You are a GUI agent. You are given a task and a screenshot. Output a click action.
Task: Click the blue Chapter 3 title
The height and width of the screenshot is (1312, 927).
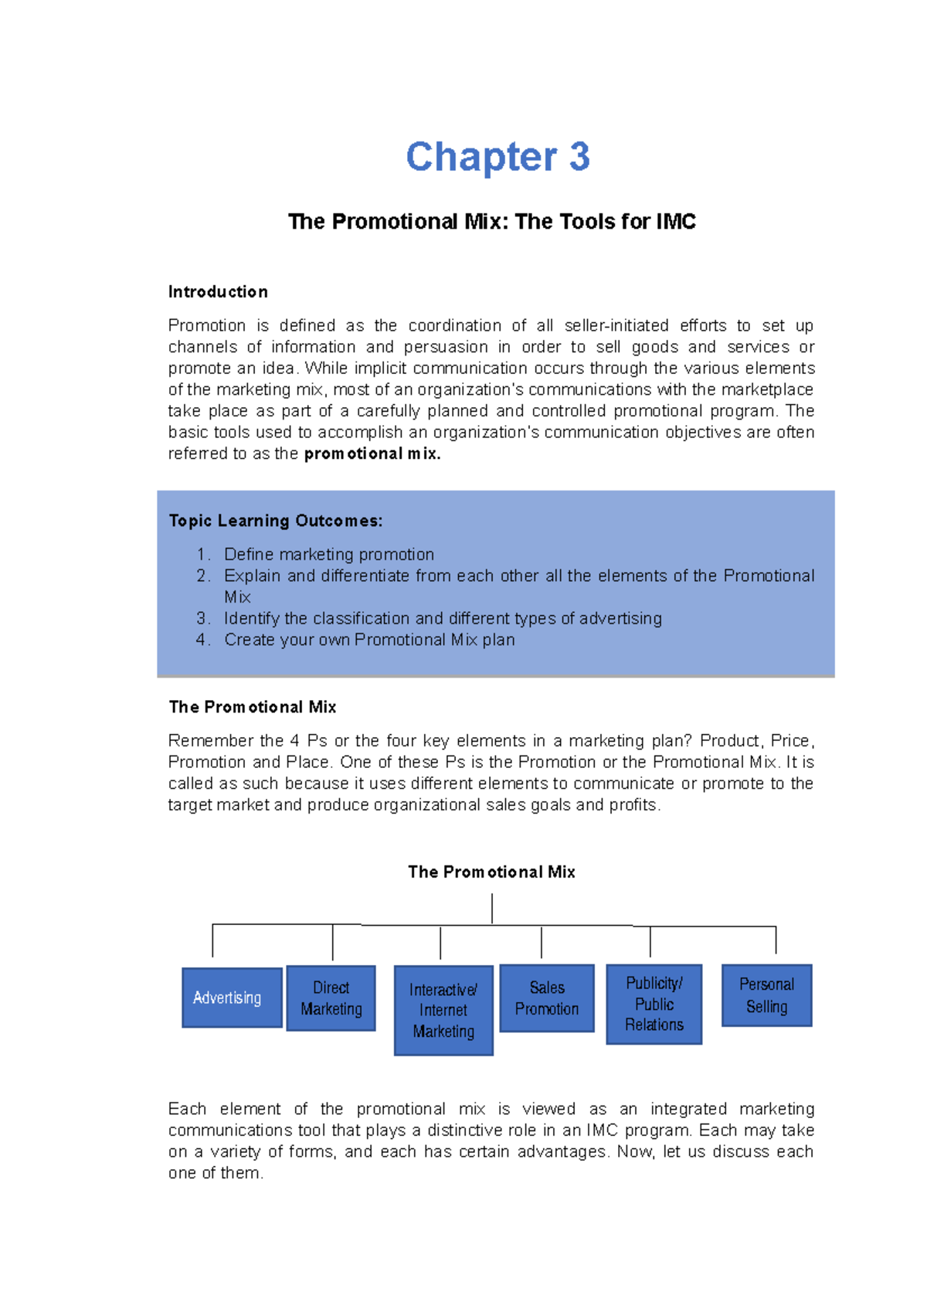pos(497,157)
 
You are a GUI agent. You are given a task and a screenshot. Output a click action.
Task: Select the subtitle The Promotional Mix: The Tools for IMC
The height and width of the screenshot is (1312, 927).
pos(491,222)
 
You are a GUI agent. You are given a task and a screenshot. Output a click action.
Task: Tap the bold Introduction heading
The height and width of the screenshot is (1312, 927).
pos(218,292)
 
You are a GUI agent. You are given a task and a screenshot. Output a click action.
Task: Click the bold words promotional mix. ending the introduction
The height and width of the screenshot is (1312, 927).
pos(372,454)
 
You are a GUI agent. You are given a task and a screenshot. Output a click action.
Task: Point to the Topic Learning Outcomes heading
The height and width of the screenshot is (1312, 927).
pos(275,521)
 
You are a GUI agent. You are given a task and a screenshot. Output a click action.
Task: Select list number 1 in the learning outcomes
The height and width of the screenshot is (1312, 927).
pos(203,555)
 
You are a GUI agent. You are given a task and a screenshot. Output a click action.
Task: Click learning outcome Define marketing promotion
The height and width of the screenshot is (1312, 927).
pos(329,555)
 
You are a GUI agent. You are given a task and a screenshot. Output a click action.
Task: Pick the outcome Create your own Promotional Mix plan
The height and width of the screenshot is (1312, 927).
pos(369,640)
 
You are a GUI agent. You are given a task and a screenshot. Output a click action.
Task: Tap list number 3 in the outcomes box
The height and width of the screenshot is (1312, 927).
pos(203,618)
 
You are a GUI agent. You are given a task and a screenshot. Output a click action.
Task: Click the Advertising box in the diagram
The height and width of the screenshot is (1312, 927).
pos(232,998)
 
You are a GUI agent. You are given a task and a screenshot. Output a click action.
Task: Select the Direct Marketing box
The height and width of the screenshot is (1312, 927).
pos(331,998)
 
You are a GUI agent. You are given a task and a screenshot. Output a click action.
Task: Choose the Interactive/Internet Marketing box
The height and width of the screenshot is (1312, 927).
pos(443,1010)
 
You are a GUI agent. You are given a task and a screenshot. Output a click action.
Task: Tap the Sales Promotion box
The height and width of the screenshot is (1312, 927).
pos(547,998)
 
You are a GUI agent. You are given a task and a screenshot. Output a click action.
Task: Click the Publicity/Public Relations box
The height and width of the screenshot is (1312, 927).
pos(654,1004)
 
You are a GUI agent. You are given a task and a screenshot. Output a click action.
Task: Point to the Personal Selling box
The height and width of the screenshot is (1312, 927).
pos(766,995)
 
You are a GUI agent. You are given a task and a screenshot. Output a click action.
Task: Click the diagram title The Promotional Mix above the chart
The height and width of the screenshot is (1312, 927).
pos(491,872)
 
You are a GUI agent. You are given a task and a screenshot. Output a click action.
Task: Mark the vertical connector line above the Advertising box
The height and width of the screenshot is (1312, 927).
pos(212,940)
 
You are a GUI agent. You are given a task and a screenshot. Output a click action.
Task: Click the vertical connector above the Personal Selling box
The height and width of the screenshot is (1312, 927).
pos(776,940)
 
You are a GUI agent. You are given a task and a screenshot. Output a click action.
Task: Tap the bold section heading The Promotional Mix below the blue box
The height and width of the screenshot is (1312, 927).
pos(252,707)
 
